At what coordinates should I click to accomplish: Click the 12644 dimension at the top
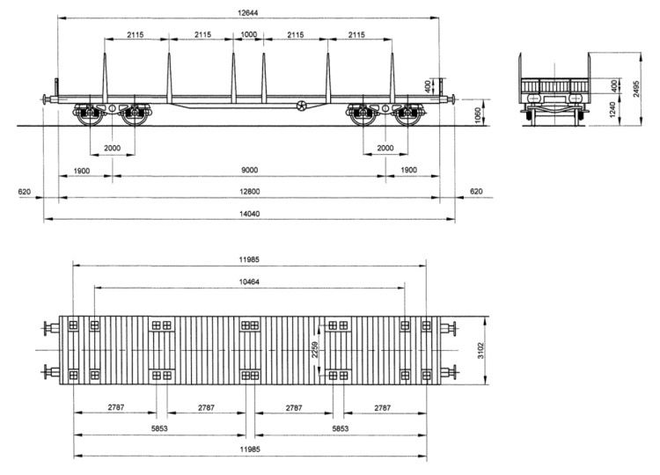tap(247, 12)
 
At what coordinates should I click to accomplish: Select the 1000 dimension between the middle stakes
tap(248, 34)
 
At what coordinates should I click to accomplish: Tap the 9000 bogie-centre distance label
tap(249, 170)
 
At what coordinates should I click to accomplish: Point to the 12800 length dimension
tap(250, 192)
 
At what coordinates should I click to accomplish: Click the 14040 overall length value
tap(250, 214)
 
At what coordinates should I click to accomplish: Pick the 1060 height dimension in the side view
tap(477, 115)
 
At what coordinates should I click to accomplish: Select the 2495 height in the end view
tap(636, 89)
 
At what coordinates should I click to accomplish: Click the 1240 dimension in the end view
tap(612, 109)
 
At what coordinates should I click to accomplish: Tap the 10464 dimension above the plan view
tap(249, 281)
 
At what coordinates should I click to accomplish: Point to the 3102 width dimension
tap(480, 351)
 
